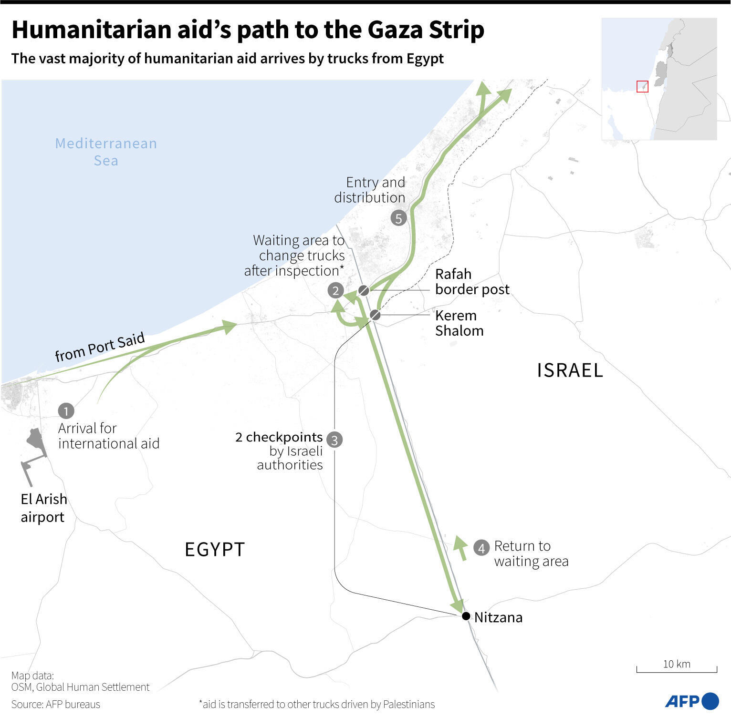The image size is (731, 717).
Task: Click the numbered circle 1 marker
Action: point(66,410)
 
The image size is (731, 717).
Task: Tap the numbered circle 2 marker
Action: point(335,290)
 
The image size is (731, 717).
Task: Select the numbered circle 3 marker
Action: point(334,440)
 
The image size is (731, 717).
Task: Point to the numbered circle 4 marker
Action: point(481,548)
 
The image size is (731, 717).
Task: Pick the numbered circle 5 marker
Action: point(398,218)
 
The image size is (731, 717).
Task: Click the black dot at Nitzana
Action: point(466,616)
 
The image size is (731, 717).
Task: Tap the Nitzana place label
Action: point(498,617)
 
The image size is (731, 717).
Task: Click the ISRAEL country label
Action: point(570,370)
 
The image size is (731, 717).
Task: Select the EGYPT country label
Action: point(215,550)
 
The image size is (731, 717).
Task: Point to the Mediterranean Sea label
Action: point(106,152)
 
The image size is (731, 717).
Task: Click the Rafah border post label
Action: point(472,282)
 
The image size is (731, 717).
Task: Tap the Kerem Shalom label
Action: point(459,323)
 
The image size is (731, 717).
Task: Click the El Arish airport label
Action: point(43,508)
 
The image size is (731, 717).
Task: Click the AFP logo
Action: point(691,701)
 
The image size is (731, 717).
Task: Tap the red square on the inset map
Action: point(643,86)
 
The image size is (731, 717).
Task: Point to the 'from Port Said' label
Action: point(100,347)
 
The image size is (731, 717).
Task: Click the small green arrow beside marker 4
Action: point(460,547)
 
